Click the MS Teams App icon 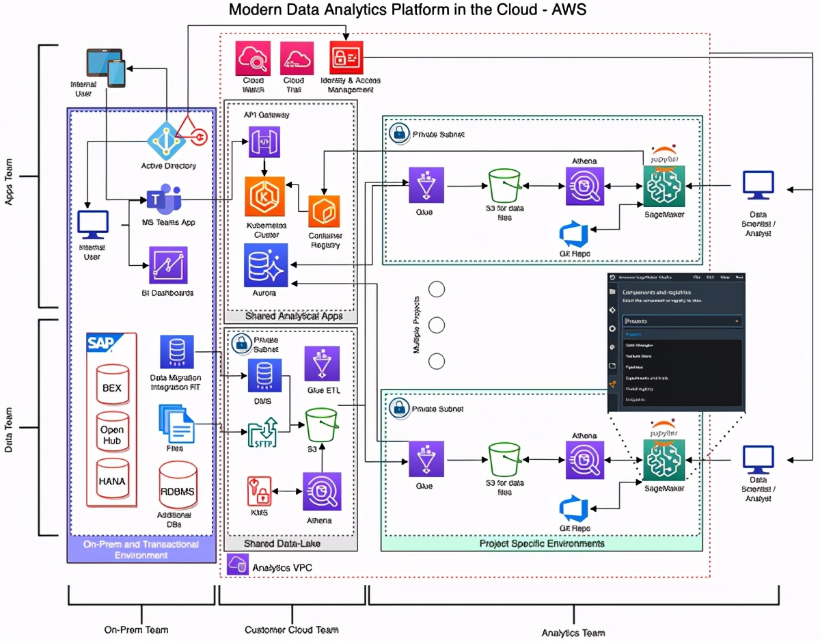(x=165, y=199)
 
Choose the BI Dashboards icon (x=168, y=265)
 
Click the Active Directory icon (x=167, y=141)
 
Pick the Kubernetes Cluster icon (x=264, y=195)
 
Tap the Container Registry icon (x=323, y=212)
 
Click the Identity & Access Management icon (x=346, y=58)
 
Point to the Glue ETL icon (x=321, y=364)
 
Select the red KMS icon (x=260, y=491)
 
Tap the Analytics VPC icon (x=237, y=564)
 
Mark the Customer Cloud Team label (x=291, y=629)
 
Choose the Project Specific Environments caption (x=542, y=544)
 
